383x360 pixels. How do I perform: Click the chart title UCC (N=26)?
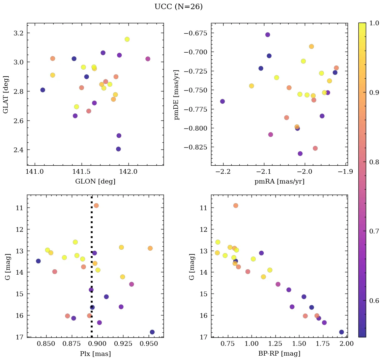point(178,7)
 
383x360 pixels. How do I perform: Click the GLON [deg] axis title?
point(95,182)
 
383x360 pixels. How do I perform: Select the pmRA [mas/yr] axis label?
point(279,182)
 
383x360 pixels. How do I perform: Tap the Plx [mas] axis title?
point(95,354)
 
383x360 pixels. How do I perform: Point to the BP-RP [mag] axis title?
point(279,354)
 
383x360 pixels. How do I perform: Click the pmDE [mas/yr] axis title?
point(176,94)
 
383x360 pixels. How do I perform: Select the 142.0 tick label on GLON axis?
point(128,172)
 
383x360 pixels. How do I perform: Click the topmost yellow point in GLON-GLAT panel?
point(127,39)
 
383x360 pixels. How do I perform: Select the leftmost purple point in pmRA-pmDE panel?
point(223,101)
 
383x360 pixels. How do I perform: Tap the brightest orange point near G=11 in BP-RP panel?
point(236,205)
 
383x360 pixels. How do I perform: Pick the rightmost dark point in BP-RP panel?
point(342,332)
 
